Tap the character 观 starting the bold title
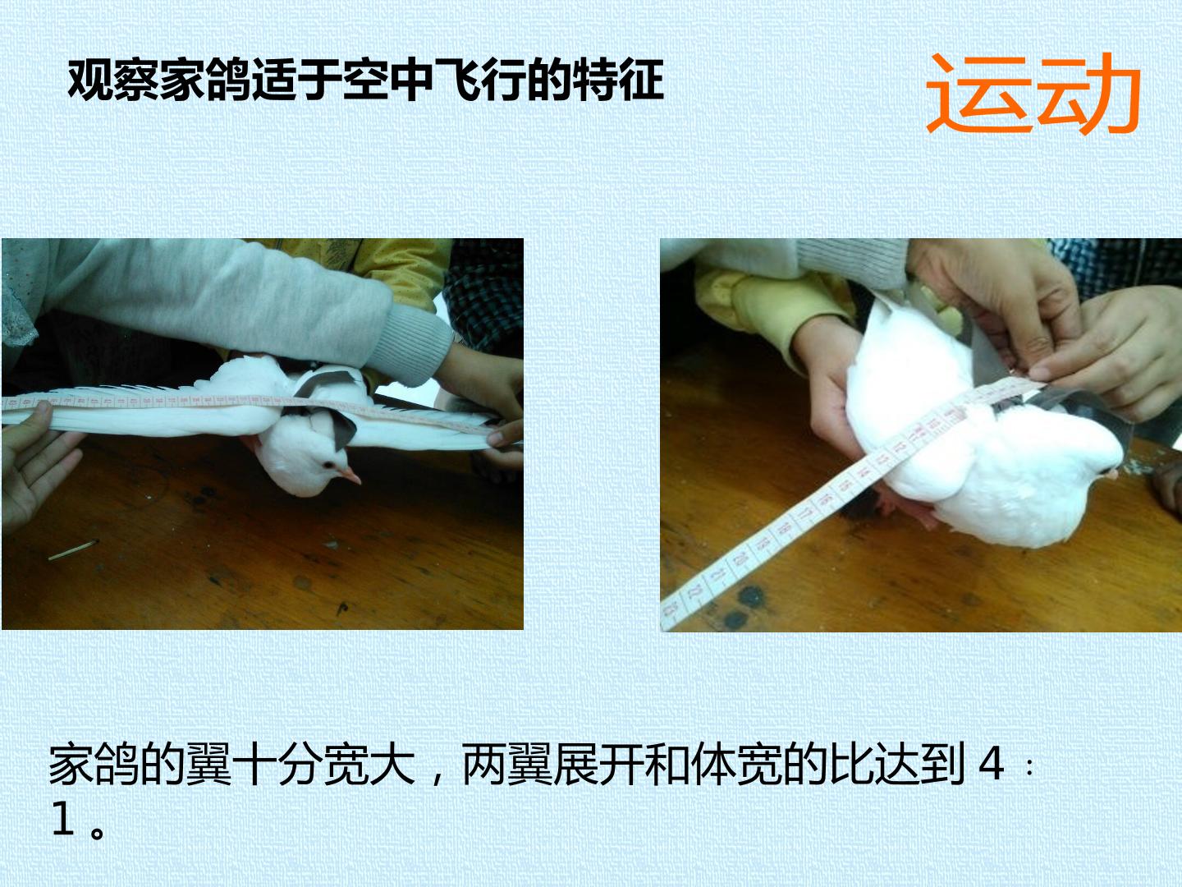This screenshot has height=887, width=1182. pos(90,80)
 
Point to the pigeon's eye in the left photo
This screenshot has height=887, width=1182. pos(328,464)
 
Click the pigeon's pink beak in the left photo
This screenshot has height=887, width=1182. pos(350,476)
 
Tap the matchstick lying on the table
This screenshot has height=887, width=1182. pos(73,550)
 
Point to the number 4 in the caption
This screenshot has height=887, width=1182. pos(991,763)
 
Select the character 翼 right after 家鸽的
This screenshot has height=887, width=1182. pos(208,764)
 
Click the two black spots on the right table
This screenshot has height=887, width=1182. pos(742,606)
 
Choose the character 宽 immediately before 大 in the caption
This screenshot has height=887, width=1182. pos(346,764)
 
